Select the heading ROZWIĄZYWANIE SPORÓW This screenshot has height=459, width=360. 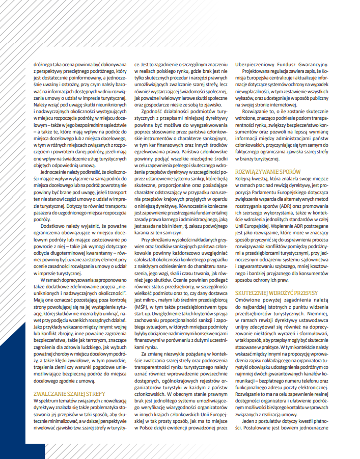tap(268, 171)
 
